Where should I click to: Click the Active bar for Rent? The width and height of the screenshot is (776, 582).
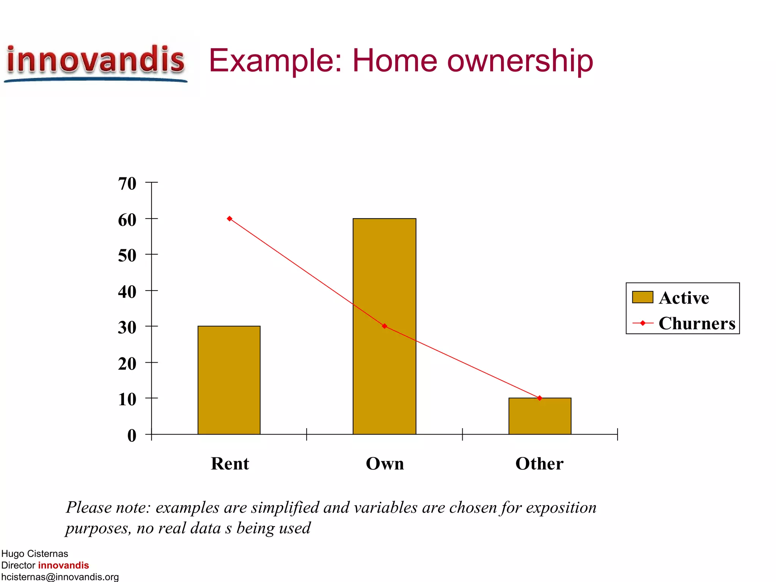coord(229,380)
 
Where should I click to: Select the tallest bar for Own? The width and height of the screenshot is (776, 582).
coord(384,326)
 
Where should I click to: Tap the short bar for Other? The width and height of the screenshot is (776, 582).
coord(540,416)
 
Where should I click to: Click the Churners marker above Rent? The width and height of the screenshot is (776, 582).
coord(230,219)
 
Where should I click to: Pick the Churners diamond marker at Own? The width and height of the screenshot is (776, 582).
coord(385,326)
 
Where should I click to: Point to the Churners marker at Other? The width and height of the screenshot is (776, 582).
coord(540,398)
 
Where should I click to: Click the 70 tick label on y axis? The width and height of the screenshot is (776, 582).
coord(127,184)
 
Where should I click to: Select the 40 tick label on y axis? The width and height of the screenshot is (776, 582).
coord(127,292)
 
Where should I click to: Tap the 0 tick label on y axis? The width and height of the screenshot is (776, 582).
coord(131,436)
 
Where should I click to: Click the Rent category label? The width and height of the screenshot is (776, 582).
coord(230,463)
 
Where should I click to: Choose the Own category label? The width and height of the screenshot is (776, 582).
coord(385,463)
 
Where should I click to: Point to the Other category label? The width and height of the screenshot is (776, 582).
coord(539,463)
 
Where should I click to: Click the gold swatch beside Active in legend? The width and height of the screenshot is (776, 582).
coord(642,297)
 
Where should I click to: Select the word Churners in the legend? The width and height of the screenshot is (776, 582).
coord(697,323)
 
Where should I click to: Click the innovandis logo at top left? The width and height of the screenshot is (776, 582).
coord(95,63)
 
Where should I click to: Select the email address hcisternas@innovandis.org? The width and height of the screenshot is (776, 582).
coord(60,577)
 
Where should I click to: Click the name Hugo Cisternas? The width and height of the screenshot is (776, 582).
coord(34,554)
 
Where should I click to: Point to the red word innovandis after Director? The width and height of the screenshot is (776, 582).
coord(63,565)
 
